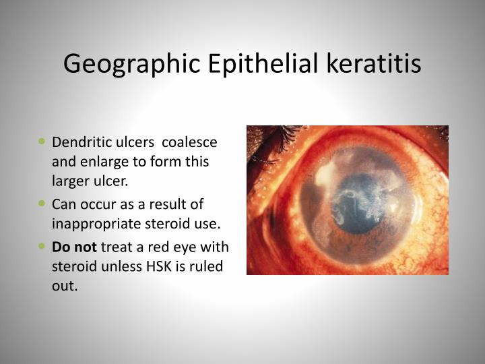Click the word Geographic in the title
(128, 64)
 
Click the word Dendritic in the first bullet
(77, 143)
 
